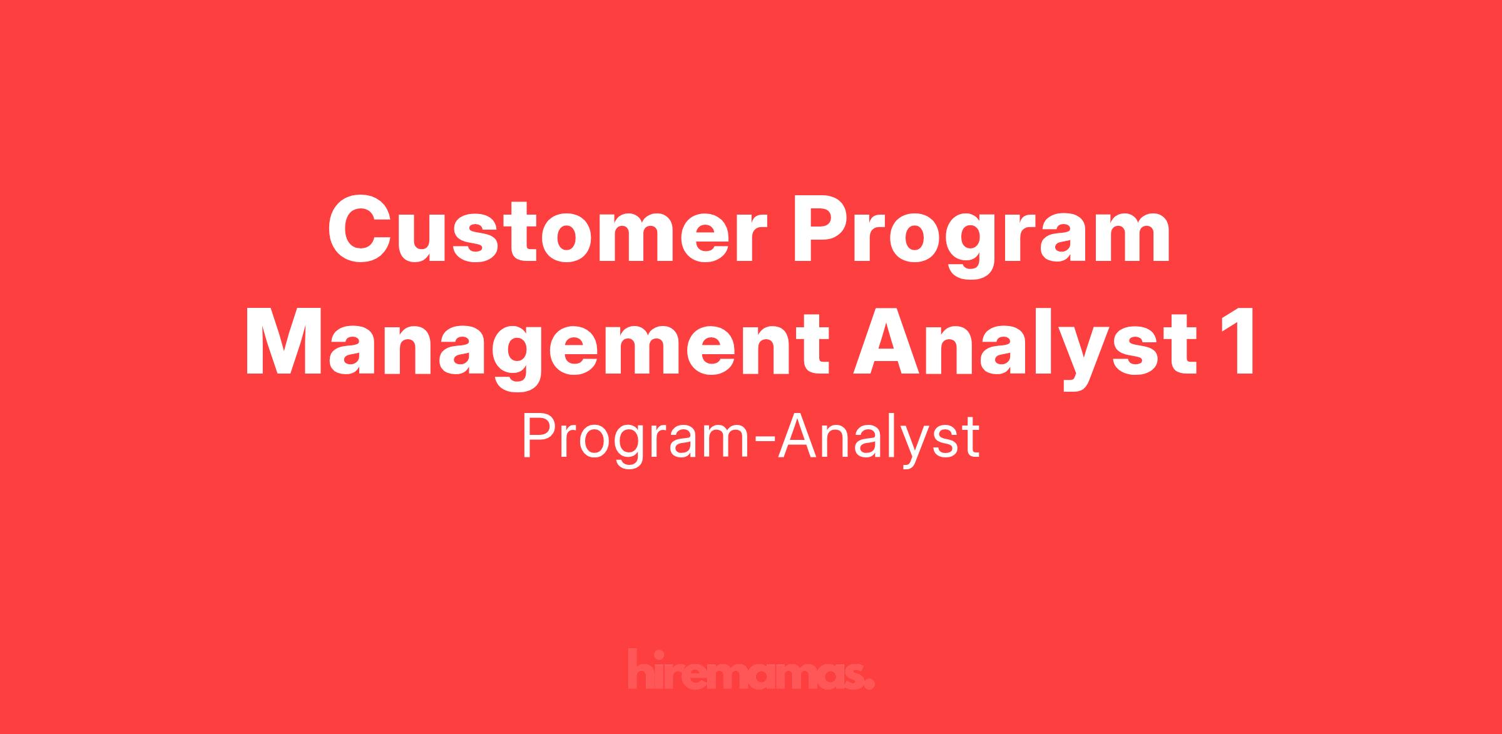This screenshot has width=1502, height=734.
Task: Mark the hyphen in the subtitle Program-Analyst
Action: point(765,442)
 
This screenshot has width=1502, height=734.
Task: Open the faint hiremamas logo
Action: point(751,670)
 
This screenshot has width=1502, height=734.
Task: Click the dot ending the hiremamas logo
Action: point(869,684)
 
